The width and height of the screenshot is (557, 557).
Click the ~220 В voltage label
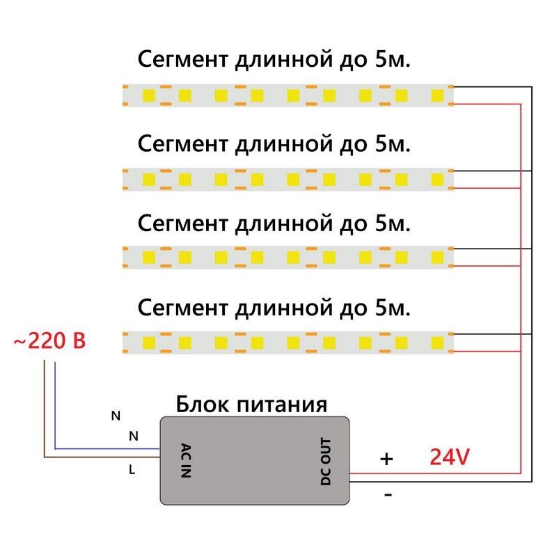click(x=49, y=342)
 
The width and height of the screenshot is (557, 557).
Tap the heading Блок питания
click(x=251, y=404)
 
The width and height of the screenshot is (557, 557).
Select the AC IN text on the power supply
click(x=185, y=460)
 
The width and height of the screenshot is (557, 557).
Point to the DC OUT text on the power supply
click(x=327, y=461)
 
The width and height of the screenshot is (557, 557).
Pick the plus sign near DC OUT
click(x=386, y=460)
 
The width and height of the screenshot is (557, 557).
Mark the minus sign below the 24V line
click(x=388, y=495)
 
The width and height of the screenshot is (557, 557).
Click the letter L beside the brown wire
click(x=132, y=470)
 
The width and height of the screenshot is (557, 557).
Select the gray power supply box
click(x=255, y=460)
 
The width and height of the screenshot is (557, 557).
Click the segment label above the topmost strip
click(x=274, y=60)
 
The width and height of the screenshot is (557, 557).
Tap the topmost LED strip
click(x=288, y=95)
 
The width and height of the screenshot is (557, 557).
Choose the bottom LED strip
click(x=288, y=342)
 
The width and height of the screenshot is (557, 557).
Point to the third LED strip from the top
click(x=288, y=258)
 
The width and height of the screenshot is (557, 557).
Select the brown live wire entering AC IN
click(x=104, y=457)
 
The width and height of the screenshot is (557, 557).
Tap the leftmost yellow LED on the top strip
click(x=149, y=95)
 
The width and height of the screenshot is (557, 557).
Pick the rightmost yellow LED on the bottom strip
click(x=437, y=342)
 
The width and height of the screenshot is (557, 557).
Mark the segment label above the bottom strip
click(x=274, y=306)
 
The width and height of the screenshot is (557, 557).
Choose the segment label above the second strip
click(x=274, y=144)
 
